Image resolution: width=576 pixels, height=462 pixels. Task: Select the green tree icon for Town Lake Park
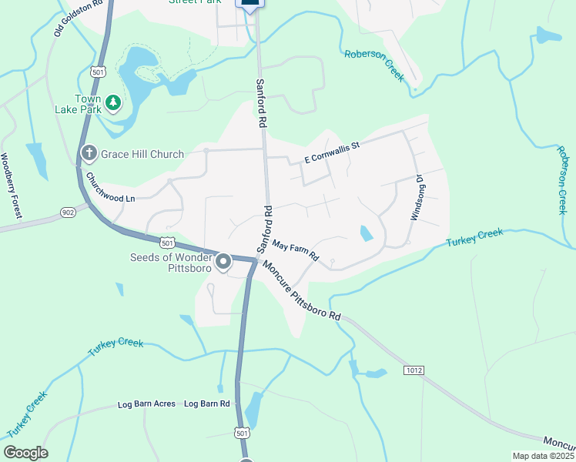tap(113, 102)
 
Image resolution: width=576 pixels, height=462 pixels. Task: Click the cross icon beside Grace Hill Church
tap(89, 154)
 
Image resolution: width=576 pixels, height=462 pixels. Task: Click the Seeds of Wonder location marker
tap(223, 263)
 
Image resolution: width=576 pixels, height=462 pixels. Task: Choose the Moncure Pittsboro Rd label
tap(301, 290)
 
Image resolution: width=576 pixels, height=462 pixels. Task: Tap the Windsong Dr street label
tap(417, 198)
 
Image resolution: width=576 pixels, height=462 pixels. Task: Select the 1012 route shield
tap(414, 371)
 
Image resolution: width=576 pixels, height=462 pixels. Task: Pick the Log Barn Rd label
tap(206, 403)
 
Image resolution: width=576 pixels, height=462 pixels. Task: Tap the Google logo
tap(25, 453)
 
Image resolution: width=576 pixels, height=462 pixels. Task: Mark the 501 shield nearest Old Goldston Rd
tap(97, 72)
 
